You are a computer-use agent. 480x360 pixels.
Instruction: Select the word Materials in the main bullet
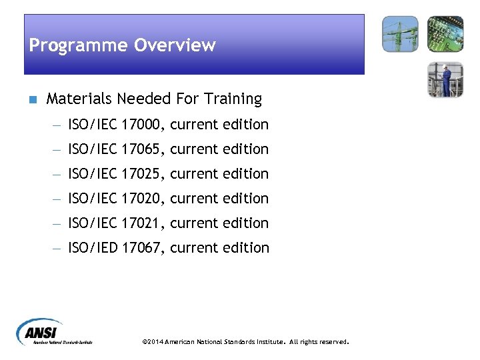[x=79, y=99]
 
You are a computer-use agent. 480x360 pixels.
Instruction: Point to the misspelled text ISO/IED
[x=93, y=248]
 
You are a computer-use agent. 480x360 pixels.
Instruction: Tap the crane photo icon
[x=400, y=34]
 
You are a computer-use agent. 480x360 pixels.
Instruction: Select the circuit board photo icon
[x=445, y=34]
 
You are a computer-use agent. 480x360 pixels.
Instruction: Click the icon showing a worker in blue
[x=445, y=79]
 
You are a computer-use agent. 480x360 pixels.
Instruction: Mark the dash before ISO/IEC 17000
[x=58, y=125]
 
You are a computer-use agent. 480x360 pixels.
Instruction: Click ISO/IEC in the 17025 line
[x=93, y=174]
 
